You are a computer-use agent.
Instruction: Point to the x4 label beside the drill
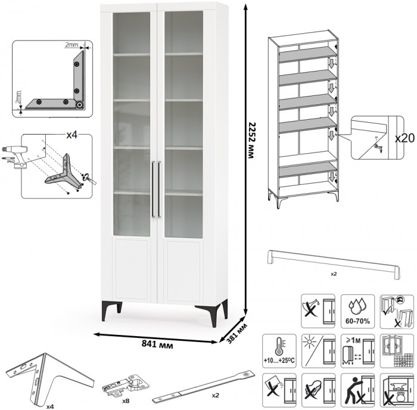tap(71, 135)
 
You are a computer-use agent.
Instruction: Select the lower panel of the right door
tap(184, 268)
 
